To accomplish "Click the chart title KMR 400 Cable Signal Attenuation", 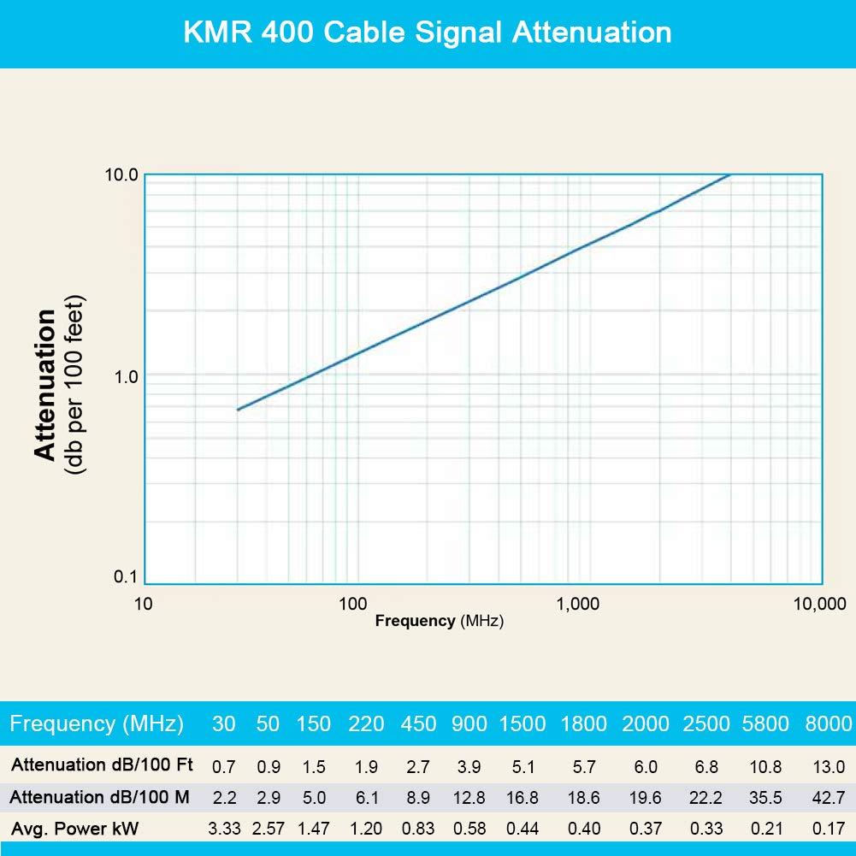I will coord(428,32).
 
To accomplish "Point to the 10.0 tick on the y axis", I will coord(121,175).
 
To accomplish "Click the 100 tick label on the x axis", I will coord(352,604).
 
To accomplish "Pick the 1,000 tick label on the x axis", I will coord(577,604).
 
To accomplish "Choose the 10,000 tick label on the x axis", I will coord(818,604).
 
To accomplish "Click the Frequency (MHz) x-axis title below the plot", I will coord(439,622).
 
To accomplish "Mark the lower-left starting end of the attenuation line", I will coord(238,410).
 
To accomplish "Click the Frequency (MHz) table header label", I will coord(97,724).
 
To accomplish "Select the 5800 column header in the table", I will coord(764,724).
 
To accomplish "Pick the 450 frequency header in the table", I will coord(418,724).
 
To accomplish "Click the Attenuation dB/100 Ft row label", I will coord(100,764).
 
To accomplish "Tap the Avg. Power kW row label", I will coord(74,828).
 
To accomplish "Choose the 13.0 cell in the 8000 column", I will coord(829,766).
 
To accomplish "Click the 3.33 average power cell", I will coord(223,829).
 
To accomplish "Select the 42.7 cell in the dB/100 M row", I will coord(829,798).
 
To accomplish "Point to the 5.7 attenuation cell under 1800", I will coord(583,766).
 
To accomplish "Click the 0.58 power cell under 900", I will coord(469,829).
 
